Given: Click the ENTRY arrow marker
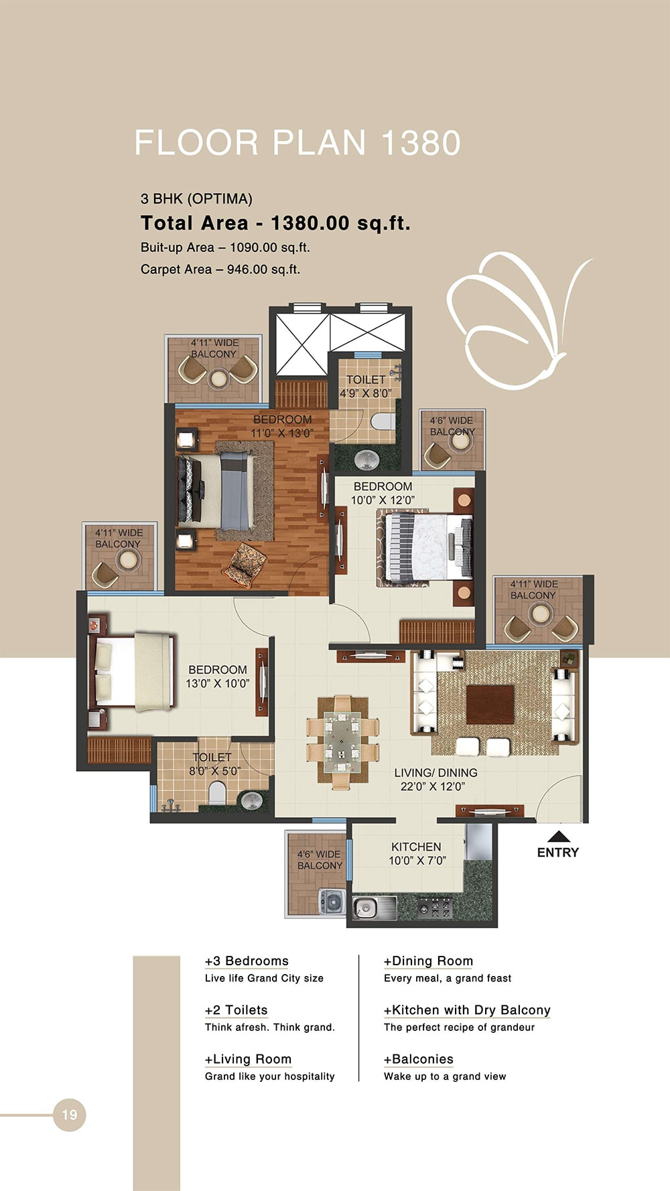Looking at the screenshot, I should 558,837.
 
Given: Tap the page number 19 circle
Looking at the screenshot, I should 70,1115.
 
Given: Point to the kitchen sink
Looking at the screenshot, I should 366,908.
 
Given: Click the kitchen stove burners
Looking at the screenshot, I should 435,909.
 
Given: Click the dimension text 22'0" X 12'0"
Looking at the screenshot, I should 432,786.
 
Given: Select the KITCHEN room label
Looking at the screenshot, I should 416,847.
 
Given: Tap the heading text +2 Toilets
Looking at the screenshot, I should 236,1010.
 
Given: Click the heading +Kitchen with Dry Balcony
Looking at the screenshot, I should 467,1010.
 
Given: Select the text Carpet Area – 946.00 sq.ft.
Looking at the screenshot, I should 220,269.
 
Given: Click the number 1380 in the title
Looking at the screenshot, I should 421,143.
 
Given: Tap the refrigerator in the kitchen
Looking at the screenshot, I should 478,843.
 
